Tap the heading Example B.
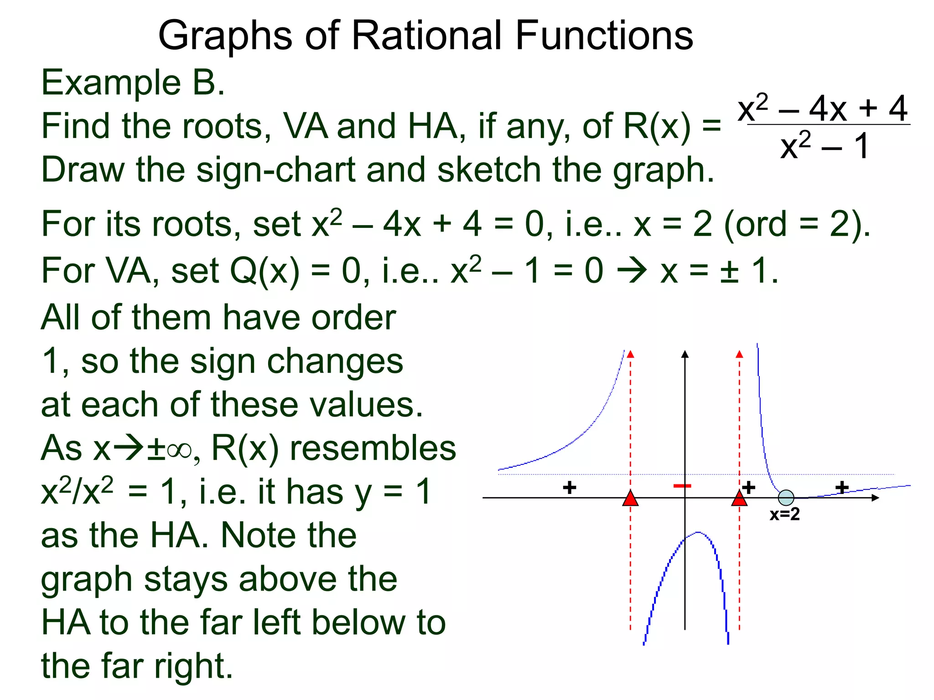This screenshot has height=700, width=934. coord(133,83)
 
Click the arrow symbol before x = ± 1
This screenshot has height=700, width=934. coord(632,271)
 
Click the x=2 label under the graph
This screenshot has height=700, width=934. coord(784,515)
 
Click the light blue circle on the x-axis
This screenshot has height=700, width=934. coord(786,498)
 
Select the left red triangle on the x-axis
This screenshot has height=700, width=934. coord(630,499)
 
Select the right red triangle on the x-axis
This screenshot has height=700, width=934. coord(739,499)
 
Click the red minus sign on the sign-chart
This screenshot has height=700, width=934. coord(682,486)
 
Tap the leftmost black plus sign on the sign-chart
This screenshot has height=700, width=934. coord(569,488)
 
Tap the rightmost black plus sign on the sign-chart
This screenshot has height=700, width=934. coord(842,488)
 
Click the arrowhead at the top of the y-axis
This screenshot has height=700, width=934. coord(685,355)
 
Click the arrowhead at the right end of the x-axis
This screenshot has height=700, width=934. coord(875,498)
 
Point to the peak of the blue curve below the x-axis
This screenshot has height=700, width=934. coord(698,532)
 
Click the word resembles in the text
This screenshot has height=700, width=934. coord(373,448)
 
